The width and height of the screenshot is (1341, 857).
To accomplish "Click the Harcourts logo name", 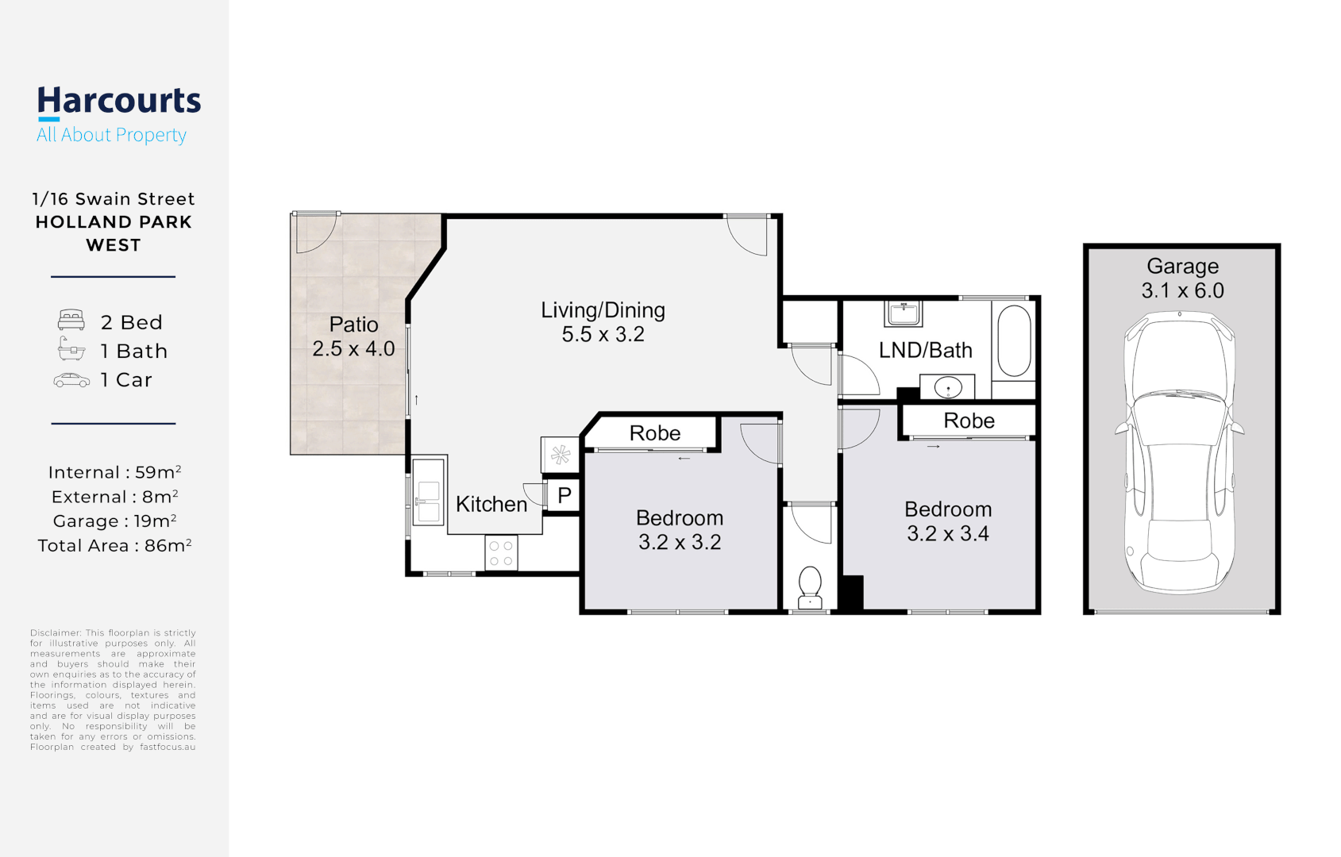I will click(119, 101).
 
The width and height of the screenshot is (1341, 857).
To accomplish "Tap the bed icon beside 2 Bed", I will click(71, 321).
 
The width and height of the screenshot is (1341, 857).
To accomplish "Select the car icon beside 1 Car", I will click(71, 381).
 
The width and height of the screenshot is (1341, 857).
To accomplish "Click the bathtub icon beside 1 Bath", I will click(71, 349).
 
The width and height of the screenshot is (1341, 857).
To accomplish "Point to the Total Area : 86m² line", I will click(114, 546).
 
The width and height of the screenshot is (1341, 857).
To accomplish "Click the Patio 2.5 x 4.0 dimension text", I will click(353, 348).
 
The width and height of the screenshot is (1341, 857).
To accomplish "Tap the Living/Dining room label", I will click(603, 310).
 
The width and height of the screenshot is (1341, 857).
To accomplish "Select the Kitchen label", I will click(491, 504).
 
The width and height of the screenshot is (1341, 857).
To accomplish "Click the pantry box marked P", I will click(564, 496).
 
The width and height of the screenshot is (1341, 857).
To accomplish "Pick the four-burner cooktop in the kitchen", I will click(501, 553).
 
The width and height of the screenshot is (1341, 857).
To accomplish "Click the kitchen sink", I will click(428, 492).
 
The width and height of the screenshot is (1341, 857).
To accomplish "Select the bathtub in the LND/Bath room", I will click(1014, 340).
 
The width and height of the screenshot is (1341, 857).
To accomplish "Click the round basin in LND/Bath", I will click(947, 388).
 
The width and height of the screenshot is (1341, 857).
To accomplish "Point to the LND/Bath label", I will click(925, 350).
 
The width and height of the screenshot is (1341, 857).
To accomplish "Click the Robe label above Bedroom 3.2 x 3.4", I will click(969, 421).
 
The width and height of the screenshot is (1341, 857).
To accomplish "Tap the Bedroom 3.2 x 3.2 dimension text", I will click(680, 542).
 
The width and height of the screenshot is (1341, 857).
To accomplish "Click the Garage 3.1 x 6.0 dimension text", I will click(1182, 290).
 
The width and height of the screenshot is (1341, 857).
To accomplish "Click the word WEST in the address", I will click(114, 245).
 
